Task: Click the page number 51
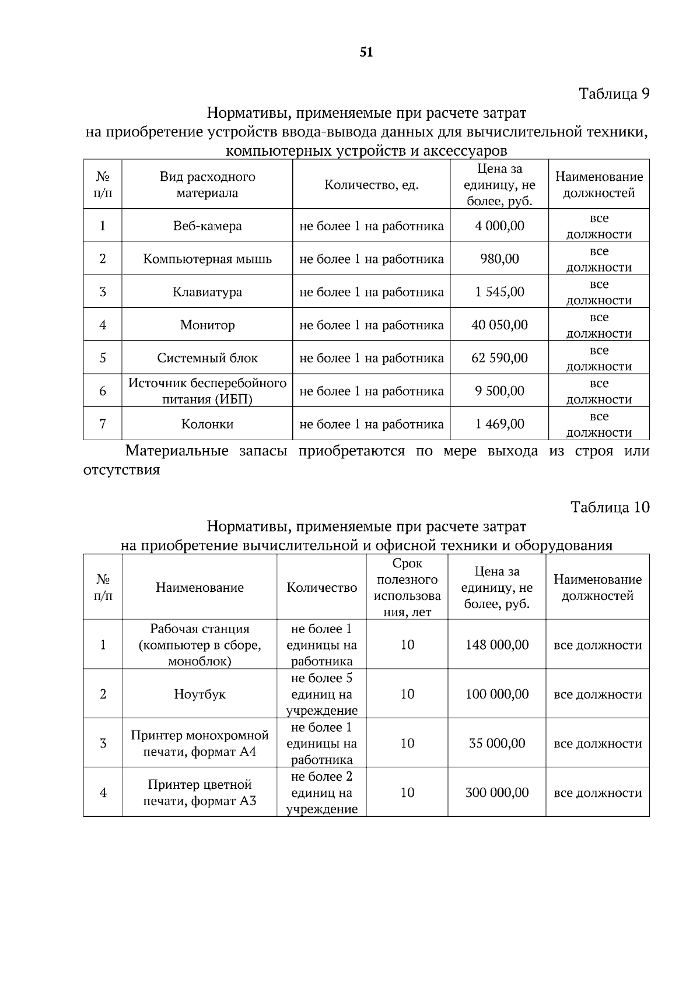pyautogui.click(x=366, y=52)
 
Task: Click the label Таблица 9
pyautogui.click(x=614, y=94)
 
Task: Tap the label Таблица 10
pyautogui.click(x=610, y=507)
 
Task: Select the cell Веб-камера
pyautogui.click(x=207, y=226)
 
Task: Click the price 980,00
pyautogui.click(x=499, y=259)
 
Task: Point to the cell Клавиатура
pyautogui.click(x=207, y=292)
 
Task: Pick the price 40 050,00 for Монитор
pyautogui.click(x=499, y=325)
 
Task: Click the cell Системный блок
pyautogui.click(x=207, y=358)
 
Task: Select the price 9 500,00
pyautogui.click(x=499, y=391)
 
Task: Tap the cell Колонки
pyautogui.click(x=207, y=424)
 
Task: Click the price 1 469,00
pyautogui.click(x=499, y=424)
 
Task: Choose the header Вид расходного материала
pyautogui.click(x=207, y=185)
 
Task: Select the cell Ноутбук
pyautogui.click(x=199, y=694)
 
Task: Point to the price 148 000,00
pyautogui.click(x=497, y=645)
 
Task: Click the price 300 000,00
pyautogui.click(x=497, y=793)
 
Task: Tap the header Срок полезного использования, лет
pyautogui.click(x=407, y=588)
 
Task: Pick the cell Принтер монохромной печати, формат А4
pyautogui.click(x=199, y=743)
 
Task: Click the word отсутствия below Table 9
pyautogui.click(x=121, y=470)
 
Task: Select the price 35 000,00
pyautogui.click(x=497, y=743)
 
